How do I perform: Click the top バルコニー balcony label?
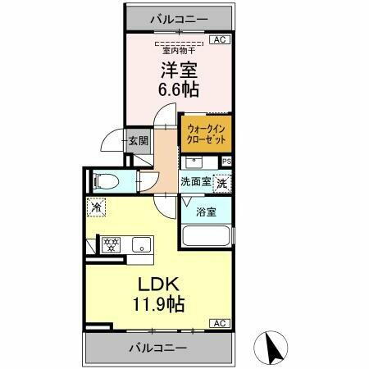[178, 18]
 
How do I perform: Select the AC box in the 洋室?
[220, 39]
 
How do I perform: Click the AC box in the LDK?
[220, 323]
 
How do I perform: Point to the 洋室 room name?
[178, 70]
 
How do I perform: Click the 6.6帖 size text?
[179, 89]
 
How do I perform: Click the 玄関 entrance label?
[138, 140]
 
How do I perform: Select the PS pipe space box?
[227, 162]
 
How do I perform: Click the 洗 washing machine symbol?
[222, 184]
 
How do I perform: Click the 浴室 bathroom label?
[206, 212]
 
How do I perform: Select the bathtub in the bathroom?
[206, 237]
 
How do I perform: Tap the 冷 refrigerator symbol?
[97, 208]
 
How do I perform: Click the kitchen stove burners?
[110, 244]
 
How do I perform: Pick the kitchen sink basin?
[141, 244]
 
